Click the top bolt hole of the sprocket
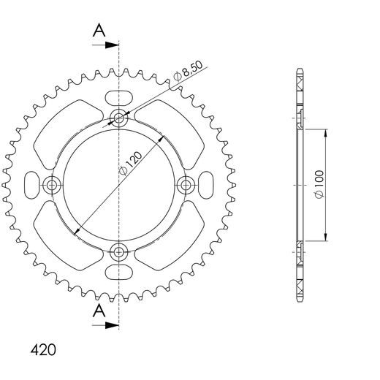click(118, 118)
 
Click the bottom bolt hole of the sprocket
click(118, 251)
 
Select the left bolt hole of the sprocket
click(52, 185)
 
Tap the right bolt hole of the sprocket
click(185, 185)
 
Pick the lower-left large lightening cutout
click(67, 235)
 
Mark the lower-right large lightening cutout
click(170, 235)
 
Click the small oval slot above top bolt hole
click(118, 96)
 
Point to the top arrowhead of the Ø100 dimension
click(324, 134)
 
